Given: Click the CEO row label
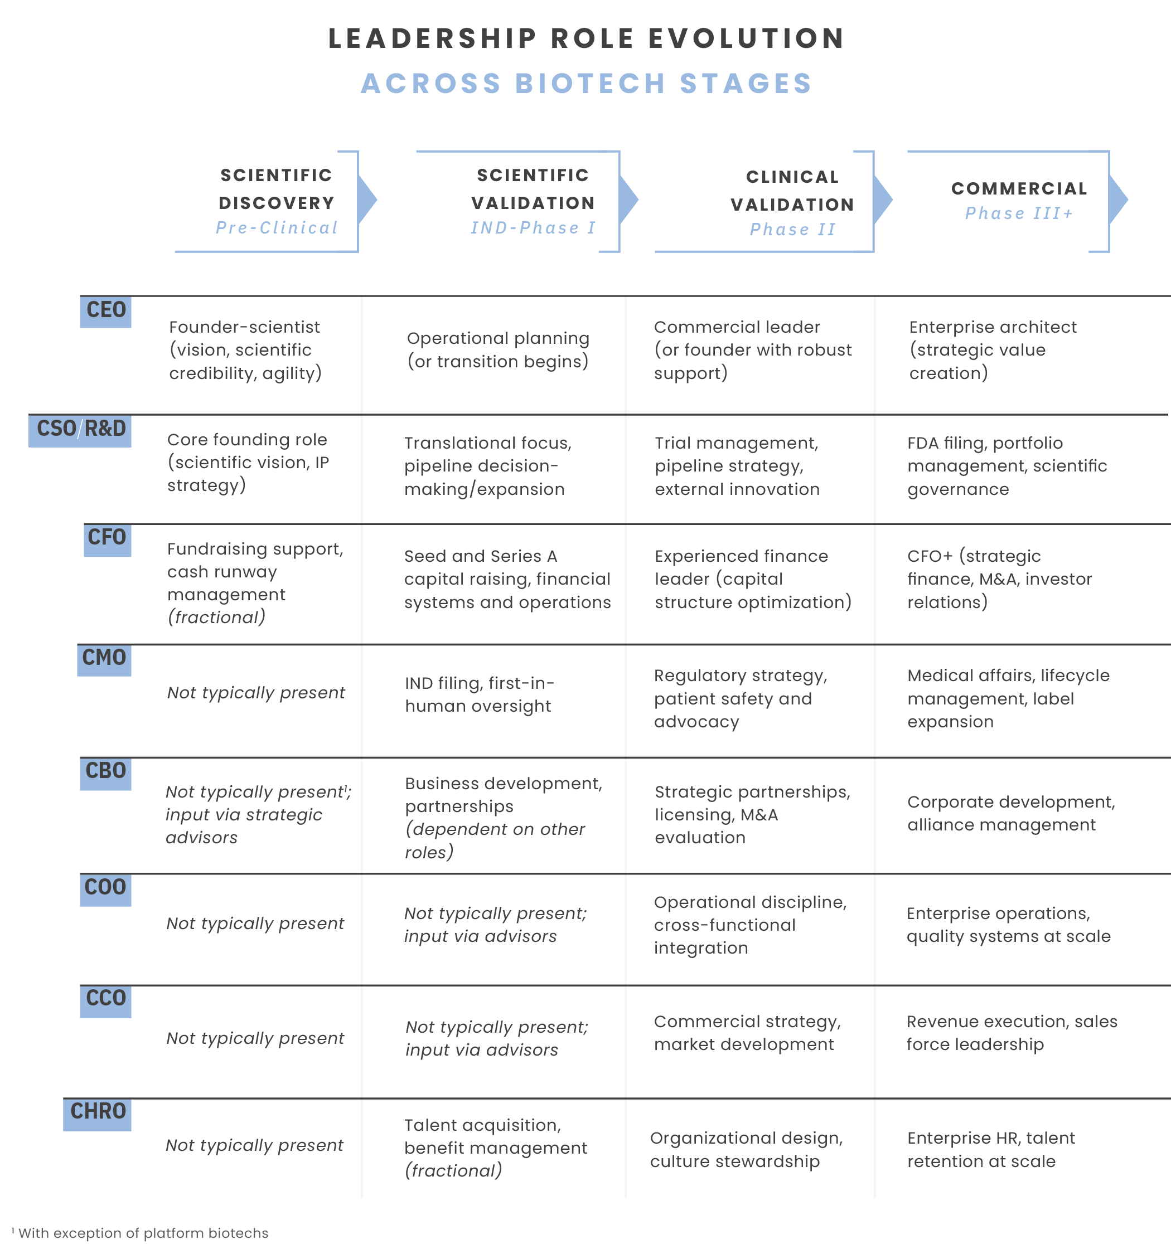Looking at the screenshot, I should click(x=105, y=311).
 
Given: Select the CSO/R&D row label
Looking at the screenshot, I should click(x=80, y=430).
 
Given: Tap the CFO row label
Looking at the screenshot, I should click(x=107, y=539).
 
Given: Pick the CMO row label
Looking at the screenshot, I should click(x=104, y=659).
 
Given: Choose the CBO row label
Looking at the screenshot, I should click(x=105, y=772).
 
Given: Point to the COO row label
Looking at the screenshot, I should click(x=105, y=889).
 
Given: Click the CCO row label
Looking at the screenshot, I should click(x=105, y=1000).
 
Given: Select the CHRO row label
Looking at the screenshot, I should click(x=98, y=1112).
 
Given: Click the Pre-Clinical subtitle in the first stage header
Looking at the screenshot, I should click(x=277, y=228).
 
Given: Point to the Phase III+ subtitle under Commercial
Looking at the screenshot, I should click(x=1019, y=213).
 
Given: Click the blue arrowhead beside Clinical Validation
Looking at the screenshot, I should click(x=883, y=200).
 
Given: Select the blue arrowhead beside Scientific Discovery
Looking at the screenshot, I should click(x=367, y=200).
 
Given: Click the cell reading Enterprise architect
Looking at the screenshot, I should click(x=993, y=350).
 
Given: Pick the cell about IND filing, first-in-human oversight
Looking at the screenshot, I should click(x=479, y=694).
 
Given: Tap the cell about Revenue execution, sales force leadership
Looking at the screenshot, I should click(x=1012, y=1033).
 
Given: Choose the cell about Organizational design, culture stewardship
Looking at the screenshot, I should click(x=746, y=1149).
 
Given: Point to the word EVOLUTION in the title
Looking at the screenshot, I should click(x=746, y=38).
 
